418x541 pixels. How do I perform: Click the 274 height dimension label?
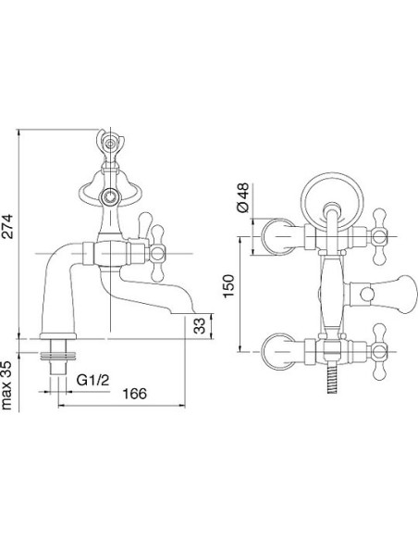[x=8, y=226]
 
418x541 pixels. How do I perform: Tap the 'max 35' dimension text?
[x=6, y=385]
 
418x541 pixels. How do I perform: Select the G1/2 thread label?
[x=92, y=380]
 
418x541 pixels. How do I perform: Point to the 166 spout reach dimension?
[x=135, y=394]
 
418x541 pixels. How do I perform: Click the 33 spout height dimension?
[x=200, y=326]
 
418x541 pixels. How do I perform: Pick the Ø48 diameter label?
[x=242, y=197]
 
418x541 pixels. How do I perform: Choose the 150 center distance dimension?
[x=228, y=285]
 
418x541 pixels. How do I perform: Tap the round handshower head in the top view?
[x=332, y=200]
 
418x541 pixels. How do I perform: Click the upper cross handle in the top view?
[x=379, y=237]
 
